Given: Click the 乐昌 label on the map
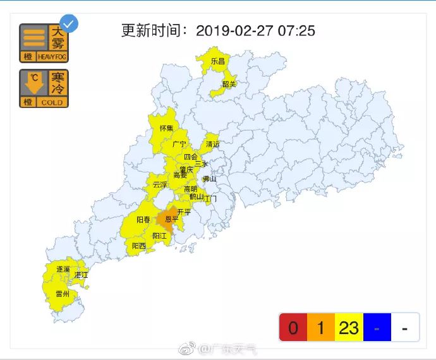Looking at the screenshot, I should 218,61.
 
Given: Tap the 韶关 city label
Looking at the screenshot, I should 229,84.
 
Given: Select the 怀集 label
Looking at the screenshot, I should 166,128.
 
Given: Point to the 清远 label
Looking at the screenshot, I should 213,144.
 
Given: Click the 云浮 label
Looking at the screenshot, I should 160,185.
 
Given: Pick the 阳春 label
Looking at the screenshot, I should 143,220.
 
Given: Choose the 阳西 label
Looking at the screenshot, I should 139,245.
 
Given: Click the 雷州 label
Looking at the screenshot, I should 63,294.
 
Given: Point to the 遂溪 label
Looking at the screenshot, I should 63,269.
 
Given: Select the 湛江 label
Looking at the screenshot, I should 82,275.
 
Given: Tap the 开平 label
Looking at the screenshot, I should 184,212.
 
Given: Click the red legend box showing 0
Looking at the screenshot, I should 293,328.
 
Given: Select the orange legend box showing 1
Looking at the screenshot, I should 321,328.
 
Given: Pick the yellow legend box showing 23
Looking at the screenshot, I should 349,328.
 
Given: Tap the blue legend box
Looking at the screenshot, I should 377,328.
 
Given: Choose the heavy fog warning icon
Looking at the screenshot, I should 43,43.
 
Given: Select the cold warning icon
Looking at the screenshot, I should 43,88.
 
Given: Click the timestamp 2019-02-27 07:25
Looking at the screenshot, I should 255,31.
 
